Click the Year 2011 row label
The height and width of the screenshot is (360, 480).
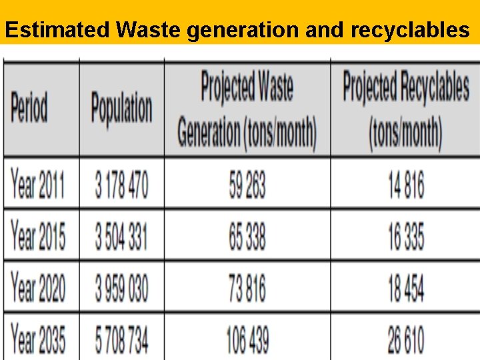point(38,185)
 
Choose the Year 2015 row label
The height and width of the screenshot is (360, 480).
point(38,235)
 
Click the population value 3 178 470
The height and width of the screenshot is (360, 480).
point(121,185)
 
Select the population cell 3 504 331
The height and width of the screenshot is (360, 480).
point(121,235)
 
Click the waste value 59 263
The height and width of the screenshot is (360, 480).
point(247,185)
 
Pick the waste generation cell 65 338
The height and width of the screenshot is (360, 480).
point(247,235)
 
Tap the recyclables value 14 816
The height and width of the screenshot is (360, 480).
point(405,185)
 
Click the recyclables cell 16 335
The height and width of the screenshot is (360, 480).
point(405,235)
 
